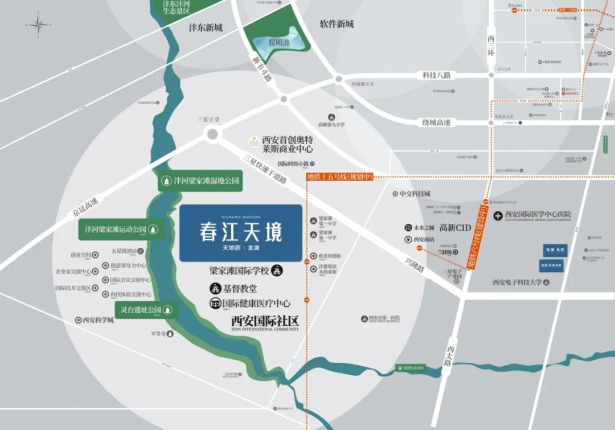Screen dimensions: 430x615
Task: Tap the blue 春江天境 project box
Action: point(240,233)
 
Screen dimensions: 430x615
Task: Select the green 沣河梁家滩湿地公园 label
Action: point(200,181)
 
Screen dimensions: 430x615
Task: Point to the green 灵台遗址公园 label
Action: point(146,310)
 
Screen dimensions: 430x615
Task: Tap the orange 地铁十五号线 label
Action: point(339,177)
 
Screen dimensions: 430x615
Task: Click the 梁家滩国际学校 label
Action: point(240,271)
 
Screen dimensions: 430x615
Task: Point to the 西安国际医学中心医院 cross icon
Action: point(498,215)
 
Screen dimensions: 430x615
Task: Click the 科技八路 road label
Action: point(436,75)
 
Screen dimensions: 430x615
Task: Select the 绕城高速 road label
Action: point(436,122)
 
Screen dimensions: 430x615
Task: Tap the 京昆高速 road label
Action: point(85,207)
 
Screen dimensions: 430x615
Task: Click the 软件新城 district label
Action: point(337,24)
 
